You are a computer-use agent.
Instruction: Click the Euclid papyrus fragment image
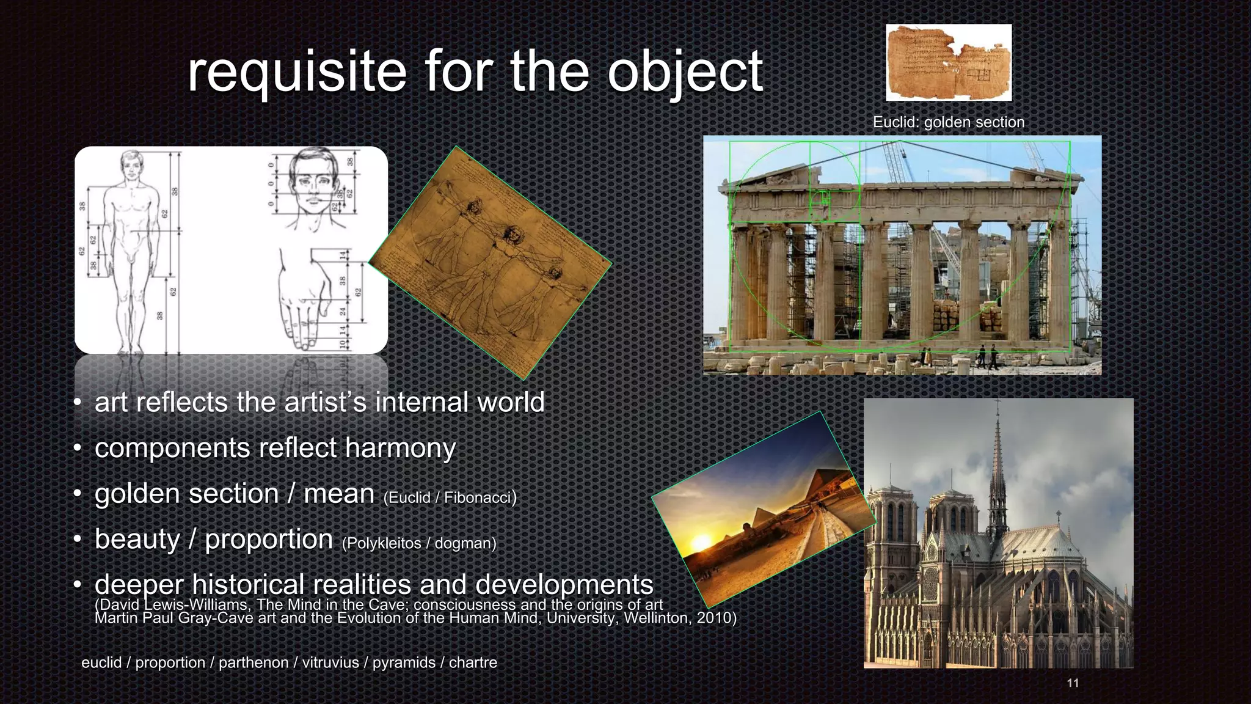coord(948,62)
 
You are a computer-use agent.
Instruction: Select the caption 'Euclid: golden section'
coord(948,122)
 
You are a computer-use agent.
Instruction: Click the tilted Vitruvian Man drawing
coord(490,263)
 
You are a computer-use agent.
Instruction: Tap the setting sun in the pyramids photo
coord(700,542)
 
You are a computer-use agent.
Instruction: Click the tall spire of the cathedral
coord(998,464)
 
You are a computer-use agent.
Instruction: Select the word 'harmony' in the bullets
coord(400,448)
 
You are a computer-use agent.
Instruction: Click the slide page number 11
coord(1073,683)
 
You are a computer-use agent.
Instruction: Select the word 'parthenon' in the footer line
coord(253,662)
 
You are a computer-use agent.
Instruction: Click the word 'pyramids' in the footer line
coord(404,662)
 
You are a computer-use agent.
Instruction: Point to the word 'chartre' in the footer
coord(473,662)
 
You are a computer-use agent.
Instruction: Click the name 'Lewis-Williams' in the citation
coord(196,605)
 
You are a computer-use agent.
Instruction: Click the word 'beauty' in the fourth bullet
coord(137,540)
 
